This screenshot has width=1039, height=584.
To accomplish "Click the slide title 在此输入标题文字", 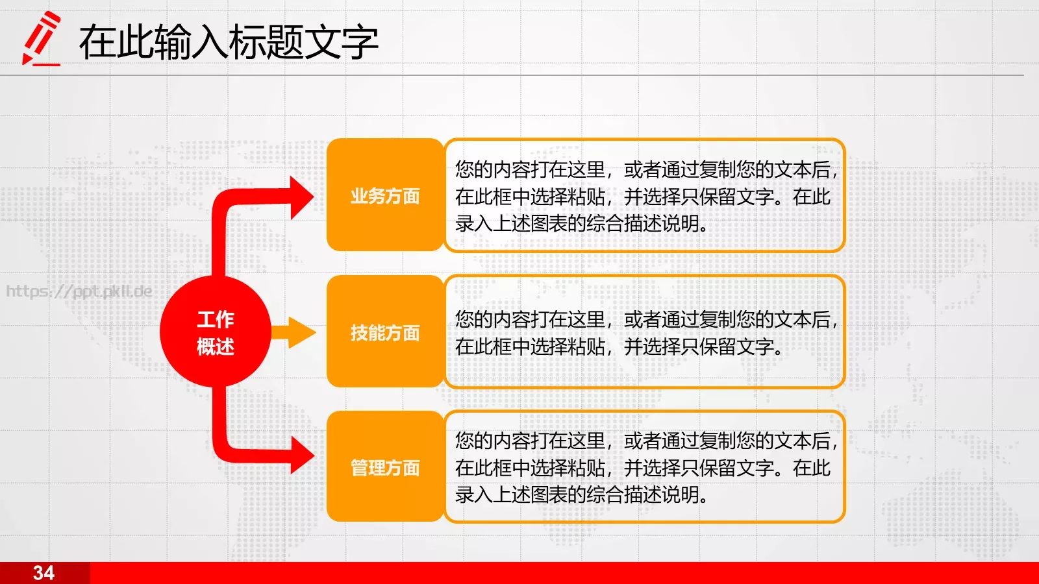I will [228, 42].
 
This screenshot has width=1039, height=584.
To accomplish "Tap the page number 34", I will [44, 573].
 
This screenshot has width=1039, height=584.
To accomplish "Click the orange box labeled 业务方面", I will [385, 195].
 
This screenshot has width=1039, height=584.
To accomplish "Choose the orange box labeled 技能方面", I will [385, 332].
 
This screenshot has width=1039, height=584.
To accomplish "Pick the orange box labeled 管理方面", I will [385, 467].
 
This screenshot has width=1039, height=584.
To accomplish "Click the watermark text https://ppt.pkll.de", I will [79, 291].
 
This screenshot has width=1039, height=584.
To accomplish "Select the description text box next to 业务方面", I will [644, 195].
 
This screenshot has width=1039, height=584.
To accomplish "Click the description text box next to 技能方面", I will [644, 332].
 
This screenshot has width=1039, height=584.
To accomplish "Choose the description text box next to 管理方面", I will [644, 467].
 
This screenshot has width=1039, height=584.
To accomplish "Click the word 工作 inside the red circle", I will [215, 319].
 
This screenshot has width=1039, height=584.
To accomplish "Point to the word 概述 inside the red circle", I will [215, 347].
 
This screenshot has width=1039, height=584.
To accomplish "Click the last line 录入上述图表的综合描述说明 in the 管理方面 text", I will [581, 494].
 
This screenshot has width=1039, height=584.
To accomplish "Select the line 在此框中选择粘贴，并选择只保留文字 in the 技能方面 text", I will [618, 347].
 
